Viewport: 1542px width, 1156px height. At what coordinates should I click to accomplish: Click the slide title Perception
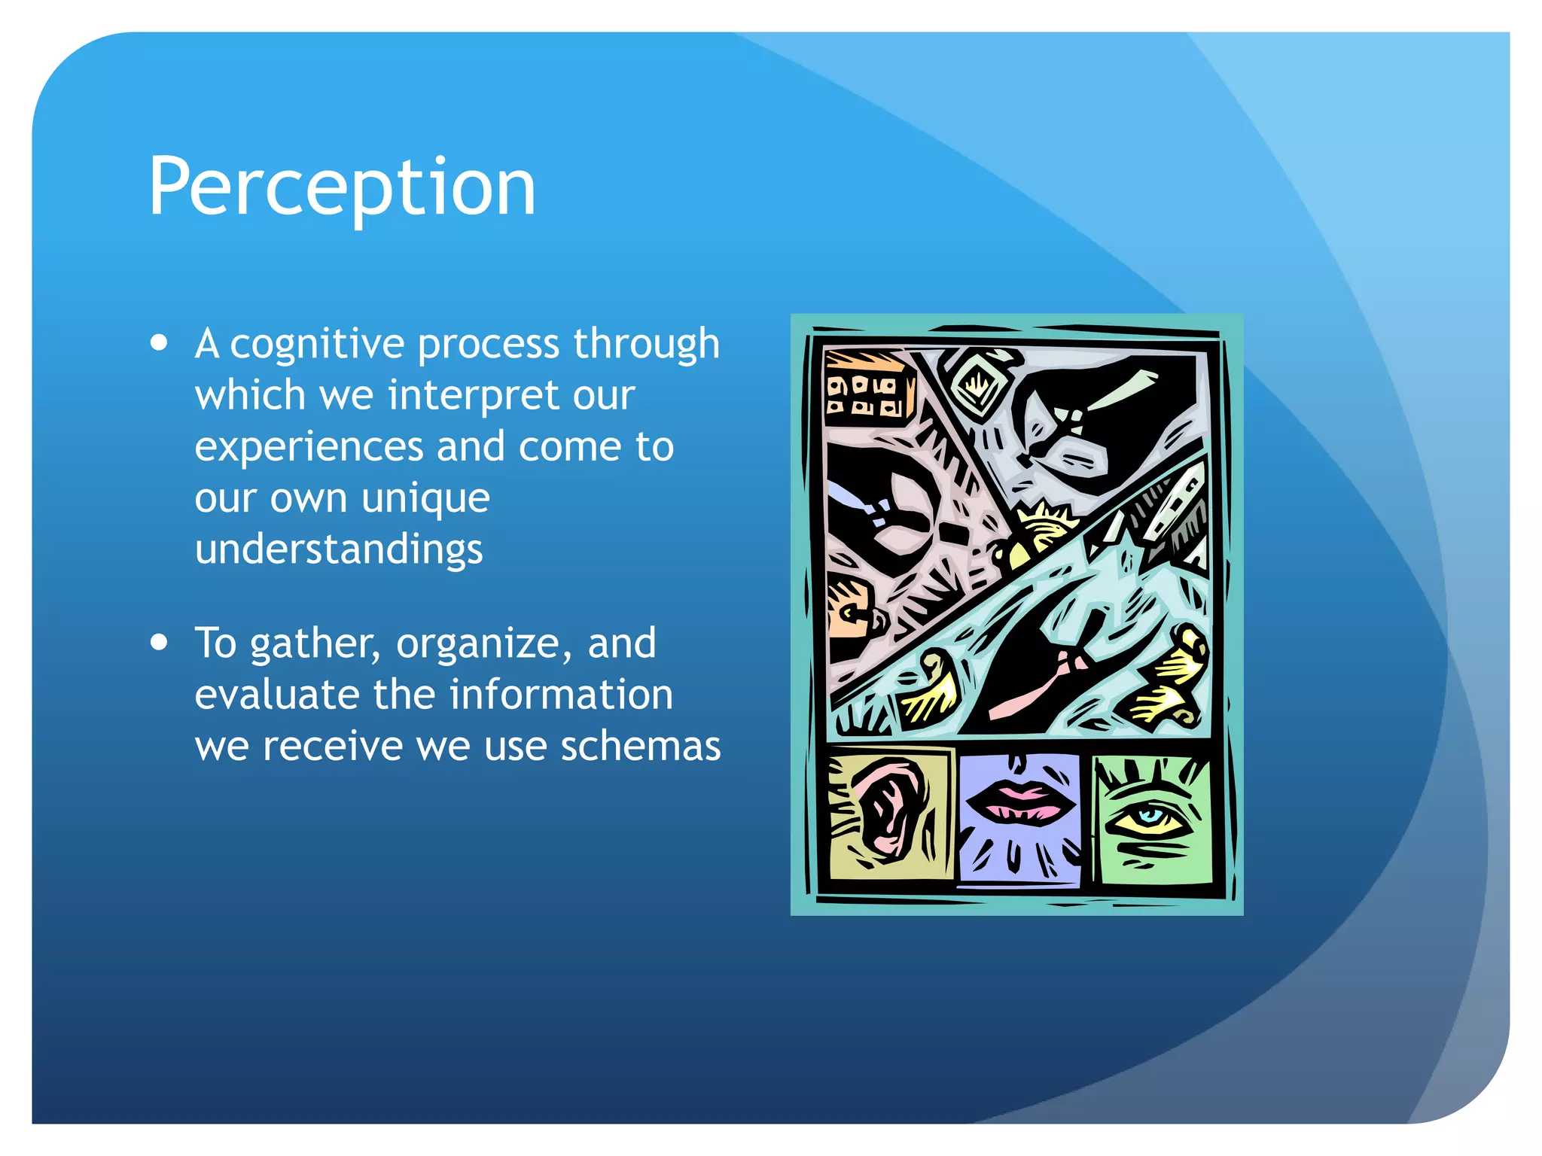coord(342,186)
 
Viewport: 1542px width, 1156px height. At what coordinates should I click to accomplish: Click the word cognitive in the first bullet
coord(317,345)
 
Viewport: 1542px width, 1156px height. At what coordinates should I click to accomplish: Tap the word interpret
coord(474,395)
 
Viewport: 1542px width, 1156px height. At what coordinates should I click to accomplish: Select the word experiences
coord(309,447)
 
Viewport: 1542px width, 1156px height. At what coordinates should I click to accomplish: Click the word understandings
coord(339,549)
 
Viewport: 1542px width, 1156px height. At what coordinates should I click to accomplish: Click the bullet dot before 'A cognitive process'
coord(159,343)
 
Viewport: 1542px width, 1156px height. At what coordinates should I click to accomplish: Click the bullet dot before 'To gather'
coord(159,643)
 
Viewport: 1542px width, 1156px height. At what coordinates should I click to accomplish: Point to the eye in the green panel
coord(1149,817)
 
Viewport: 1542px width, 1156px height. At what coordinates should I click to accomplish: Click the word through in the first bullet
coord(646,345)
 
